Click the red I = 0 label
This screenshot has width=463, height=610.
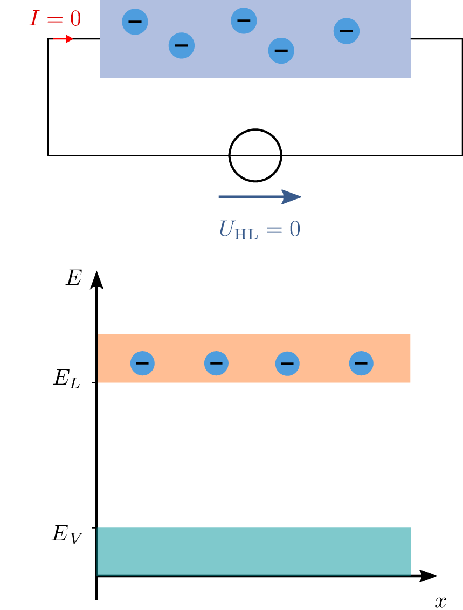point(55,19)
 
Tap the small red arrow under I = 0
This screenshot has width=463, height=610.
point(63,39)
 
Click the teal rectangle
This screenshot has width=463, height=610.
point(254,551)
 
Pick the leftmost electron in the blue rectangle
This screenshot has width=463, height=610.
point(135,22)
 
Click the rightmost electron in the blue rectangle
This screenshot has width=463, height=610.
point(347,31)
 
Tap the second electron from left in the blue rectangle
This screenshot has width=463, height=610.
point(182,45)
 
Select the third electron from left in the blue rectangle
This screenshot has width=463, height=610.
point(244,21)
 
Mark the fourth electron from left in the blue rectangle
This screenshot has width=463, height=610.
point(281,51)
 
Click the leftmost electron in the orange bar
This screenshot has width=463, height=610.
point(142,364)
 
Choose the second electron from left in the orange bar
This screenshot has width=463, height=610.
point(216,364)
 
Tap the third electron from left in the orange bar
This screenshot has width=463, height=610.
point(287,364)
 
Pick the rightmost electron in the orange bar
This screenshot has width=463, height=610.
point(361,364)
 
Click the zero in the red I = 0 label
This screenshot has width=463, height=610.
point(74,19)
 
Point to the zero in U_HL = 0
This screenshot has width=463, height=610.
point(294,229)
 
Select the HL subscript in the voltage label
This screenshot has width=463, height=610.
point(245,234)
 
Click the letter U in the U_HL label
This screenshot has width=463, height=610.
point(225,229)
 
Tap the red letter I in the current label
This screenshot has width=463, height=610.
point(34,19)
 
